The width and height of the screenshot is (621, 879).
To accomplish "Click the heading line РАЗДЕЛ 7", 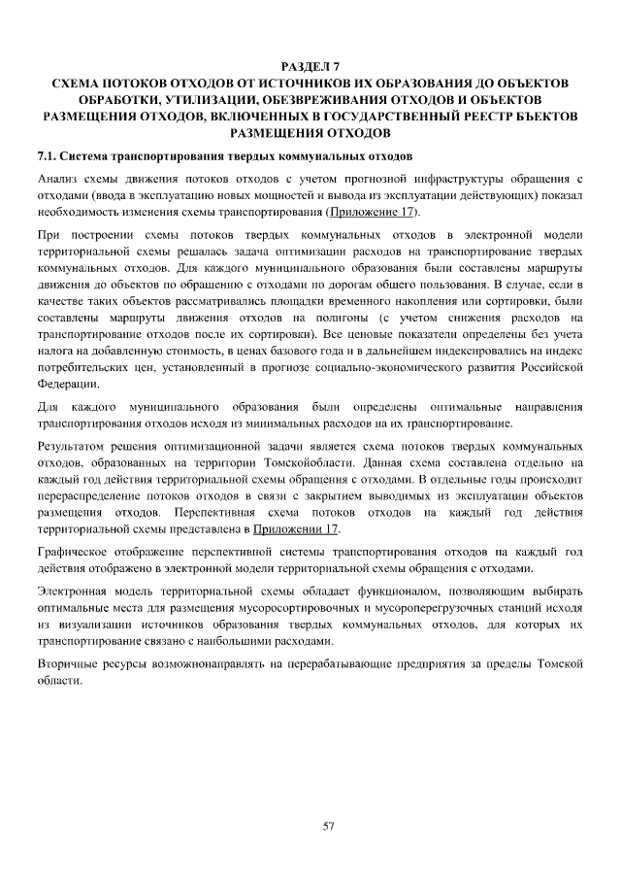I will (x=310, y=66).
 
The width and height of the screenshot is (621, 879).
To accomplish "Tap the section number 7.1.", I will (x=48, y=155).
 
